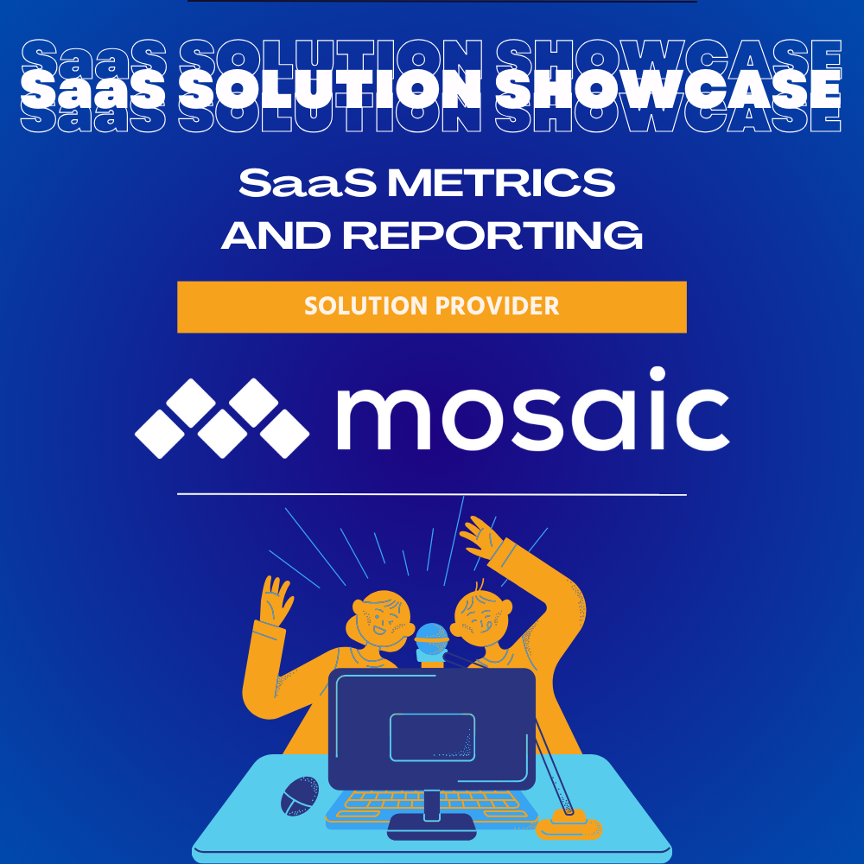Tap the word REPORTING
coord(496,235)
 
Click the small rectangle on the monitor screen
coord(432,736)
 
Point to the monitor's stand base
coord(431,825)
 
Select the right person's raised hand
coord(481,538)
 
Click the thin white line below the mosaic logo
coord(432,494)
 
